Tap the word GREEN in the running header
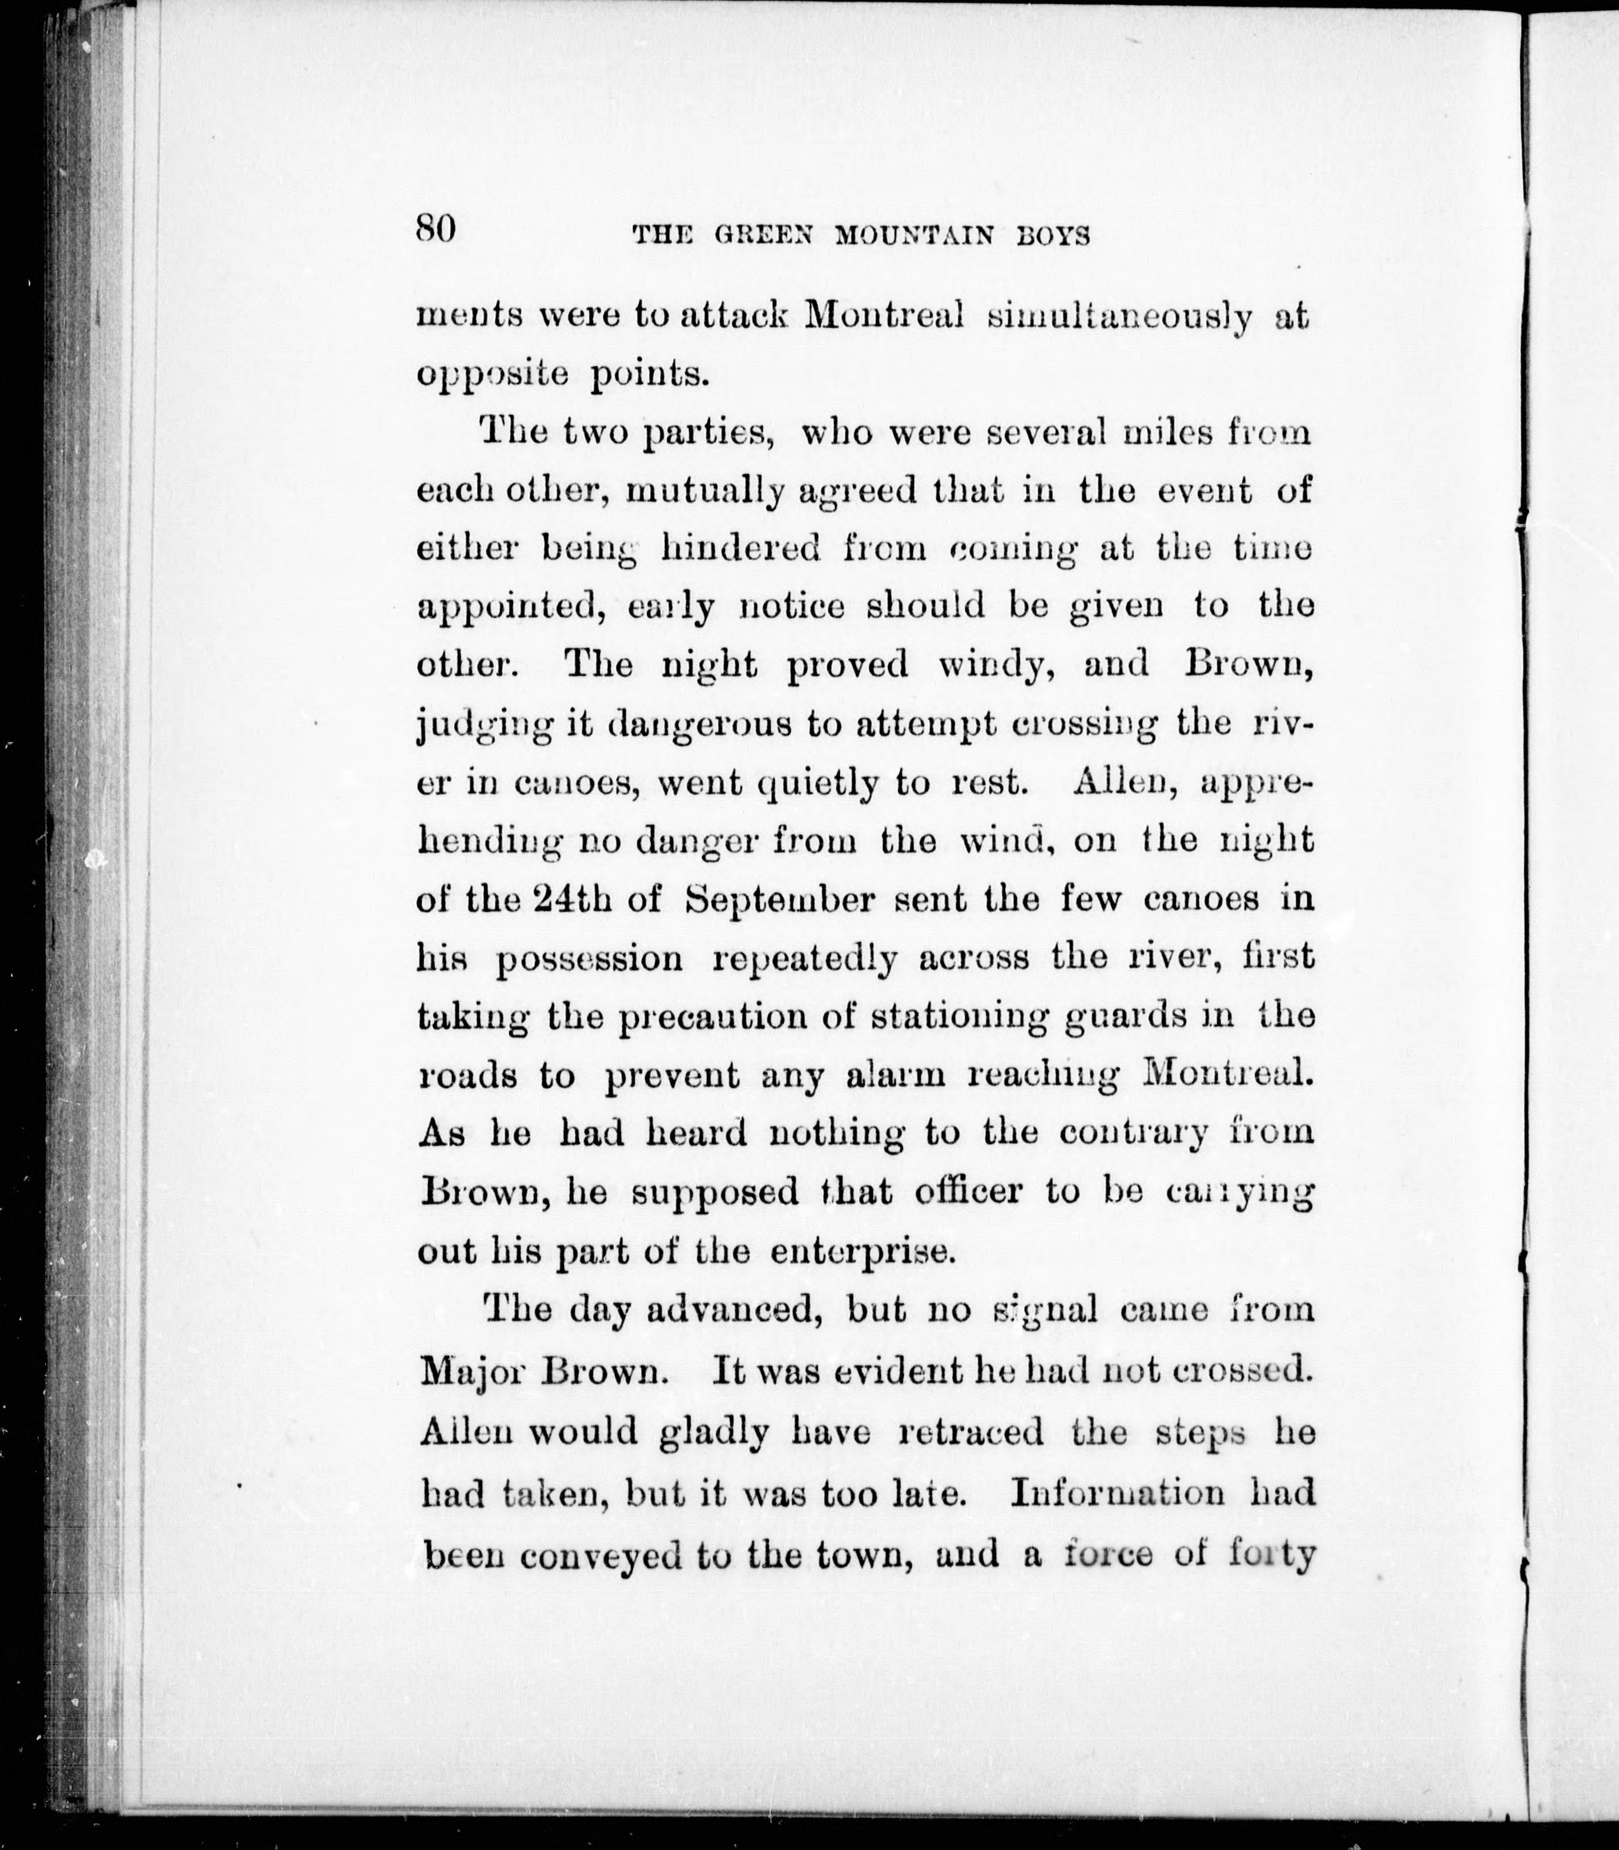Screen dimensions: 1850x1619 pyautogui.click(x=764, y=237)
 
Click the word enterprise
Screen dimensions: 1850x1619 pyautogui.click(x=863, y=1252)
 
